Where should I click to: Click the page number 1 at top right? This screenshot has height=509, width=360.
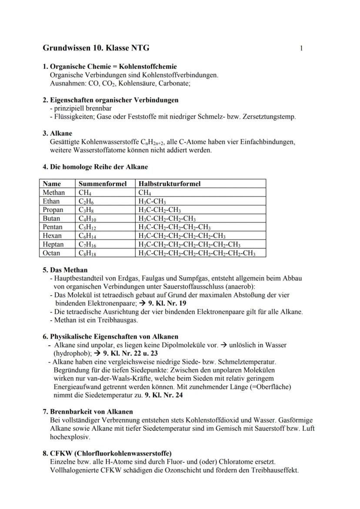[301, 48]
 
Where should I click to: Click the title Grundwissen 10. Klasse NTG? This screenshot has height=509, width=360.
[96, 48]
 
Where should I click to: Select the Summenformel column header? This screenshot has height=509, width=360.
[103, 184]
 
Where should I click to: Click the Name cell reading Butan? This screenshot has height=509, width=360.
[52, 219]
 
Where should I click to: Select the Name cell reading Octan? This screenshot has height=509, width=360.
[52, 253]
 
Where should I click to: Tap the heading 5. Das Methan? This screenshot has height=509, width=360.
[65, 269]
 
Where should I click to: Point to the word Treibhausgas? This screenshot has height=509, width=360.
[118, 320]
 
